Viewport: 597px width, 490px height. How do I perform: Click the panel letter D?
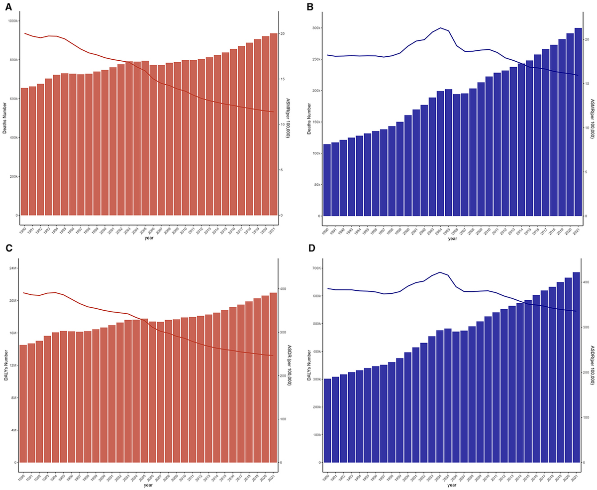(311, 248)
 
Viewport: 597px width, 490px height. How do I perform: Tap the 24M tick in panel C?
(12, 268)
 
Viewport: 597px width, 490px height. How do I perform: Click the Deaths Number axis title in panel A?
(5, 119)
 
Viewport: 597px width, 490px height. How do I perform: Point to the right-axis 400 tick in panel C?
(283, 289)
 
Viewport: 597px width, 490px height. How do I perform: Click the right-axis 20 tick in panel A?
(283, 33)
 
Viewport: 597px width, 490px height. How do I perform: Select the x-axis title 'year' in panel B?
(452, 239)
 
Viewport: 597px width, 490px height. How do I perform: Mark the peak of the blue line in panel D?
(440, 272)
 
